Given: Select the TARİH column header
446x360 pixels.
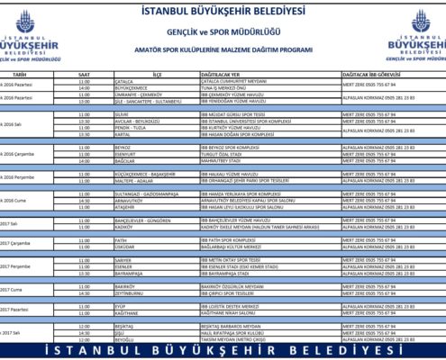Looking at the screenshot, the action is [x=19, y=76].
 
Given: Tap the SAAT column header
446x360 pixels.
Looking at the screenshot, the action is [x=84, y=76].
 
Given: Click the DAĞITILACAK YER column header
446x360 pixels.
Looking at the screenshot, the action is [x=220, y=76].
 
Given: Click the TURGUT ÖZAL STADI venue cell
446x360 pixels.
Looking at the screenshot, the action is [x=219, y=153].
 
